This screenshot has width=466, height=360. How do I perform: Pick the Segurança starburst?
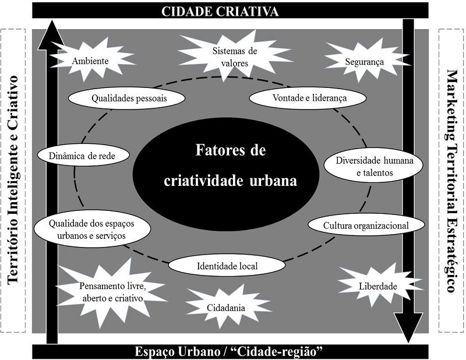pos(364,60)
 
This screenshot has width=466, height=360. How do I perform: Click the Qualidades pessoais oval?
pos(129,98)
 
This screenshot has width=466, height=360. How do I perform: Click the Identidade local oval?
pos(227,266)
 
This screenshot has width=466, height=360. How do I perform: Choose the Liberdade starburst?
pos(377,286)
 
